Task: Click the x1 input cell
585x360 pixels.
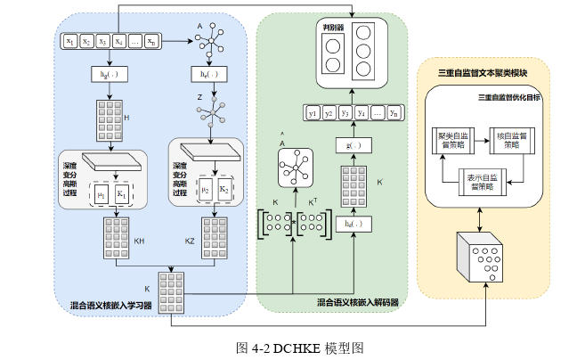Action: (69, 41)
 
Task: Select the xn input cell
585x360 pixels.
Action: (152, 41)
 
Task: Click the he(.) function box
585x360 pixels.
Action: (210, 74)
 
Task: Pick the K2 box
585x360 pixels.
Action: (224, 192)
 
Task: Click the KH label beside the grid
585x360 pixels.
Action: (139, 241)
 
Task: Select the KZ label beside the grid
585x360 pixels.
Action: (190, 241)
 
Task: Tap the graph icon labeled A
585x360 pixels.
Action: (211, 41)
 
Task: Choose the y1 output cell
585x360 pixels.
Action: (313, 113)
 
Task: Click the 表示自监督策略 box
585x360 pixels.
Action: (481, 183)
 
